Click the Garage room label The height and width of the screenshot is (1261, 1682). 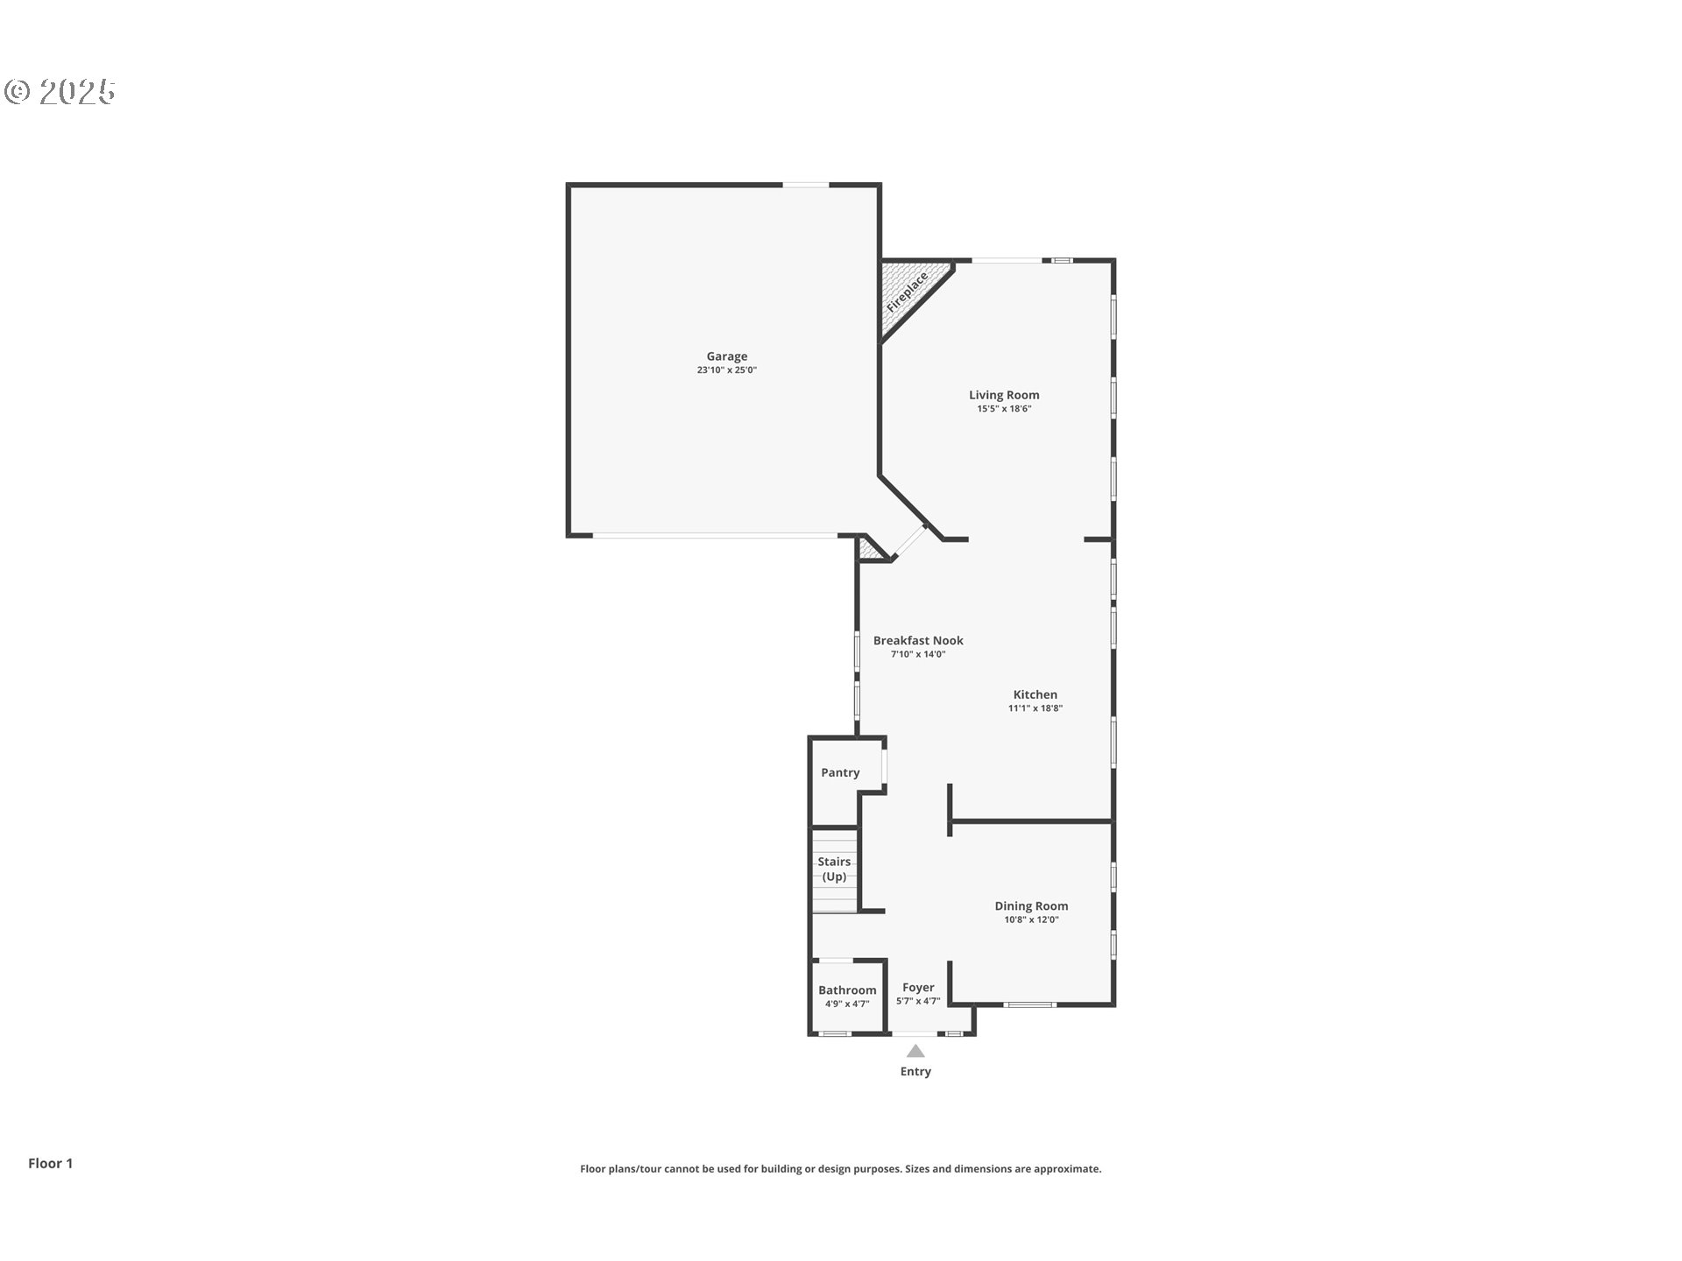click(727, 356)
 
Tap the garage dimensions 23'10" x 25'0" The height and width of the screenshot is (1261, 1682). click(727, 370)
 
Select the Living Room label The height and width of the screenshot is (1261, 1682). click(1004, 395)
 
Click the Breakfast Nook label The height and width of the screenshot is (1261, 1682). click(918, 640)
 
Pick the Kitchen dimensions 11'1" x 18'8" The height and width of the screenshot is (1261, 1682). click(1035, 708)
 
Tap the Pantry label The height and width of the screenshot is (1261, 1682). click(840, 772)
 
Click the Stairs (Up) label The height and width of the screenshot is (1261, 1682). click(834, 869)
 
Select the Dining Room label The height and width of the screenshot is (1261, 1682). click(1031, 906)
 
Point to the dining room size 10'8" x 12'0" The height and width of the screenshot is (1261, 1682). click(1031, 920)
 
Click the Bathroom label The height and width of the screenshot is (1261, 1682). click(847, 990)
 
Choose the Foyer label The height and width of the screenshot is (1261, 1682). click(918, 988)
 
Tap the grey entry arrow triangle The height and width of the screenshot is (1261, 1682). click(915, 1051)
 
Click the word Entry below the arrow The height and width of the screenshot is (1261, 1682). click(915, 1072)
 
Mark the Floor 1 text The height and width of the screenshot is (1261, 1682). click(50, 1163)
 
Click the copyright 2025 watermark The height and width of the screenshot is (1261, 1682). click(60, 91)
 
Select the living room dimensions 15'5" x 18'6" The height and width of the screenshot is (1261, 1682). click(1004, 409)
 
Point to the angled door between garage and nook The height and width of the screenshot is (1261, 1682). click(909, 542)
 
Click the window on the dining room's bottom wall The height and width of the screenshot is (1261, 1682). click(1030, 1004)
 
